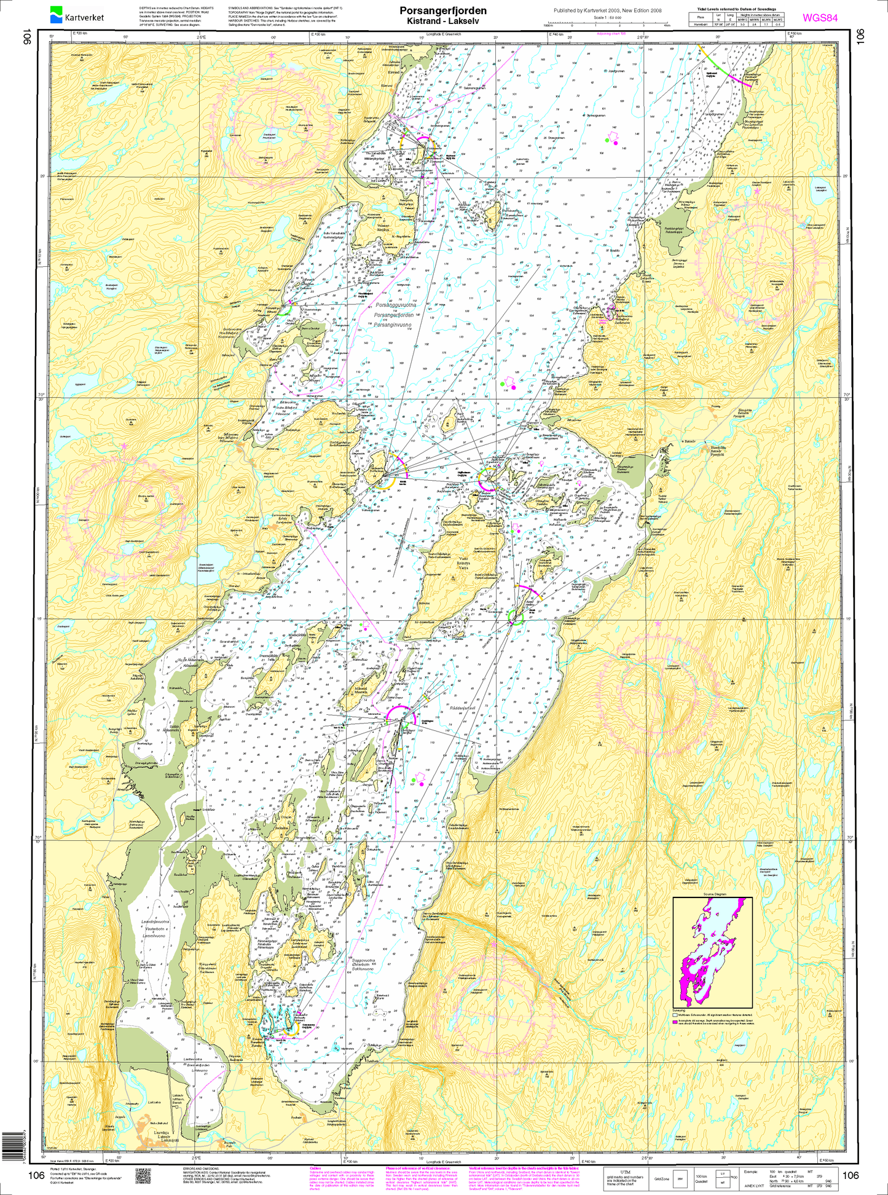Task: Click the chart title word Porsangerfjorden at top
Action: coord(442,10)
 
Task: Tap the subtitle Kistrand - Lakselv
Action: coord(442,20)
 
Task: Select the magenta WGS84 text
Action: coord(819,18)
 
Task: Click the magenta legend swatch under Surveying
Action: coord(675,1021)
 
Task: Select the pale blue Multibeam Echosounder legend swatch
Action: coord(675,1015)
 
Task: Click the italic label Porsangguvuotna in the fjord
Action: coord(395,304)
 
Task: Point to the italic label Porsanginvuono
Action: coord(395,324)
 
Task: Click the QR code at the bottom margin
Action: coord(143,1175)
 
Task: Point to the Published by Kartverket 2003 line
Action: coord(607,10)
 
